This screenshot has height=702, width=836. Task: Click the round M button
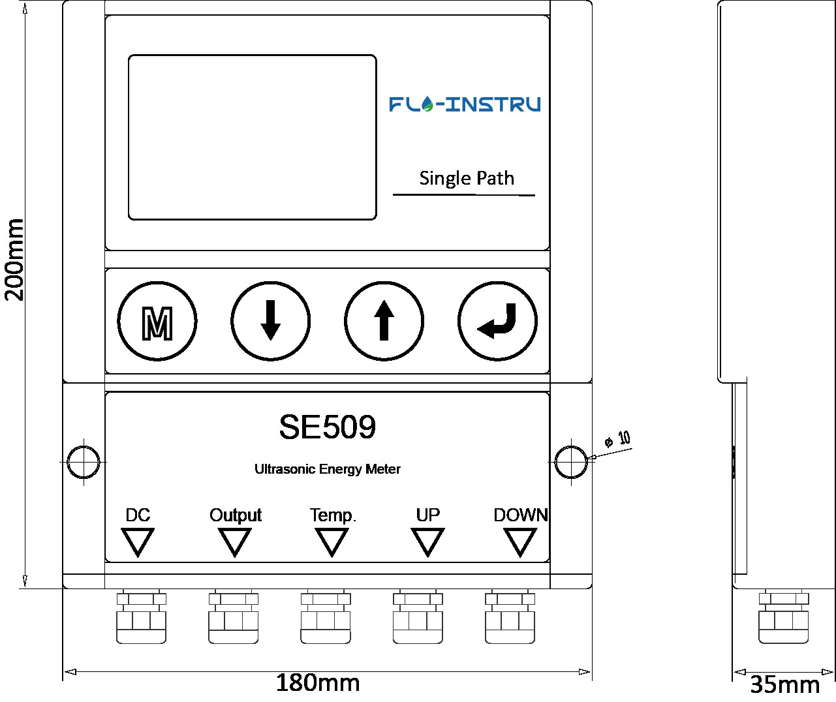[157, 321]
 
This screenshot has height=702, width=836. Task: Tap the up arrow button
[384, 321]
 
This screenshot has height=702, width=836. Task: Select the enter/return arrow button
[497, 321]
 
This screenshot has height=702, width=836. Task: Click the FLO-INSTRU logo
[465, 104]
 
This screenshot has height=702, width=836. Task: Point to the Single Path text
[466, 178]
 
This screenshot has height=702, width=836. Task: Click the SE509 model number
[327, 427]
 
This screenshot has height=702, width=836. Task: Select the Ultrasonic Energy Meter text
[327, 469]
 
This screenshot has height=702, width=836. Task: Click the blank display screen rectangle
[252, 137]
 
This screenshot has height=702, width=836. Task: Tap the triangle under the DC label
[138, 541]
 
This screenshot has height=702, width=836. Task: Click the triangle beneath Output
[234, 541]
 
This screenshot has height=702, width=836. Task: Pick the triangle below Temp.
[332, 541]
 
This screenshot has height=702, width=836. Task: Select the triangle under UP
[427, 541]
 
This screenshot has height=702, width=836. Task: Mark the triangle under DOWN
[520, 541]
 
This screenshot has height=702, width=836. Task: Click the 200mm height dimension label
[14, 260]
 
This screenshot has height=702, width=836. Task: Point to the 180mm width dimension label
[317, 683]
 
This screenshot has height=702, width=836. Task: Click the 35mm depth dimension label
[784, 684]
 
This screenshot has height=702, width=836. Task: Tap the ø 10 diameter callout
[617, 439]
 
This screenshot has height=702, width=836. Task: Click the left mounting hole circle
[84, 461]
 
